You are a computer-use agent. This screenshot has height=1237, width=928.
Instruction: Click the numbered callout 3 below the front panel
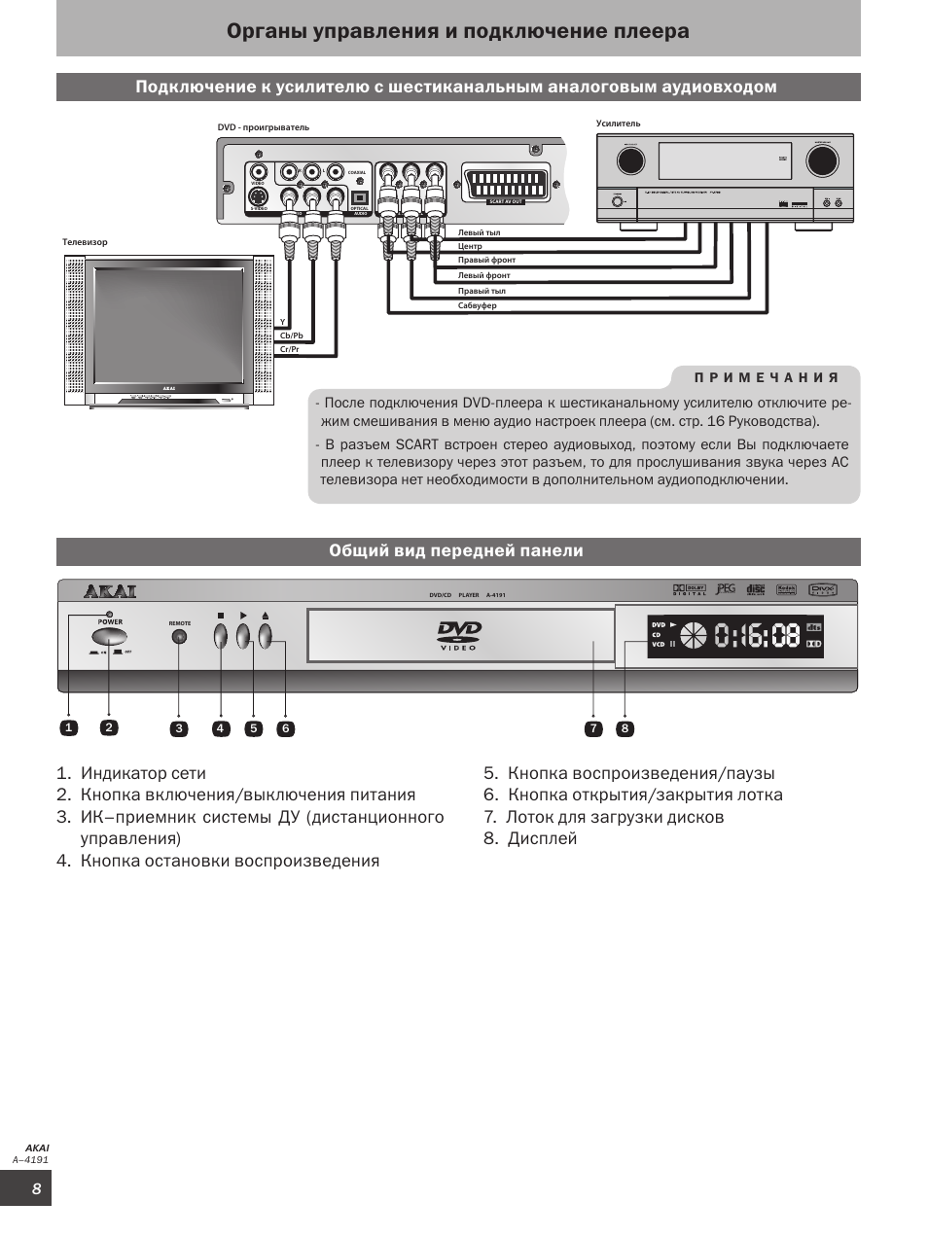point(179,728)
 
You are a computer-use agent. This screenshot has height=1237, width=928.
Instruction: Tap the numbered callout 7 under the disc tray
point(593,728)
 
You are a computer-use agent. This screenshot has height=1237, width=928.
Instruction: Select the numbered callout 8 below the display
point(625,728)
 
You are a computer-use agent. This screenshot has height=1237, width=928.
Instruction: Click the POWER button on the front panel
point(109,638)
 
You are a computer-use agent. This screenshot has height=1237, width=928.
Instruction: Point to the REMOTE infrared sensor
point(179,637)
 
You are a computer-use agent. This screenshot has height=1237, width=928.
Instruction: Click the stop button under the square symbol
point(221,636)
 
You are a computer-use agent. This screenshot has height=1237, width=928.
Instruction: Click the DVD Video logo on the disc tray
point(459,637)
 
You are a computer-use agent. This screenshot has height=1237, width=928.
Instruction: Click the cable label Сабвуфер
point(478,306)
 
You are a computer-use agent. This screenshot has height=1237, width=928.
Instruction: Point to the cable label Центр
point(470,247)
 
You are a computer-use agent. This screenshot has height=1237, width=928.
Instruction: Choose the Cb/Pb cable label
point(292,336)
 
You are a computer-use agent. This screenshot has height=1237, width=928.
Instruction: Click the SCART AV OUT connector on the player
point(506,184)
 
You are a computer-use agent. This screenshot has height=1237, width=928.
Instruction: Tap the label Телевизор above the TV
point(86,242)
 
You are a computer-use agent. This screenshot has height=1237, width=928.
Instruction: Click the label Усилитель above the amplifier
point(619,124)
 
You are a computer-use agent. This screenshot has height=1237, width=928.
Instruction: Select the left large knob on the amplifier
point(629,159)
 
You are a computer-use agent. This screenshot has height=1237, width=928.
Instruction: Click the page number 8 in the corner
point(36,1189)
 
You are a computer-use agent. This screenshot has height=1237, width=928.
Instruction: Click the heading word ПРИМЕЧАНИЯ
point(767,377)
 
